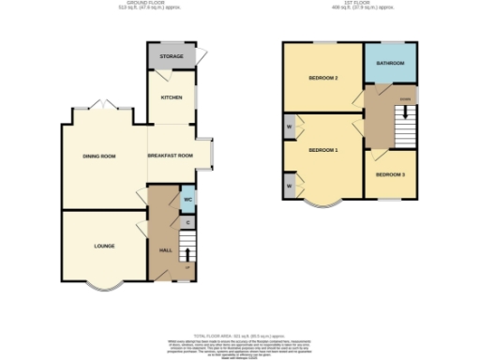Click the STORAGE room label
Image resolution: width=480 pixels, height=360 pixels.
coord(171,56)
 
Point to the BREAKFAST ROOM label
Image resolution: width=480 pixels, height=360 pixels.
coord(170,156)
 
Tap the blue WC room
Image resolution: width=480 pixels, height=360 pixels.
coord(187,200)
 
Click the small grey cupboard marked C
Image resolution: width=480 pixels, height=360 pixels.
coord(187,222)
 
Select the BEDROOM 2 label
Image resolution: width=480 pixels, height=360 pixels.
coord(322,78)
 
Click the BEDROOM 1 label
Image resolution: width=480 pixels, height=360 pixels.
coord(322,150)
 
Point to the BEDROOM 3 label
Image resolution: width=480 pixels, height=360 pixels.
coord(390,174)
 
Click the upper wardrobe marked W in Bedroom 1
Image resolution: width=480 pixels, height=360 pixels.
coord(289,127)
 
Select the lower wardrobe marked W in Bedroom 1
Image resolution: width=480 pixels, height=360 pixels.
coord(289,186)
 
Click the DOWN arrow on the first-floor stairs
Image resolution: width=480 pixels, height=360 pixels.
coord(405,97)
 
